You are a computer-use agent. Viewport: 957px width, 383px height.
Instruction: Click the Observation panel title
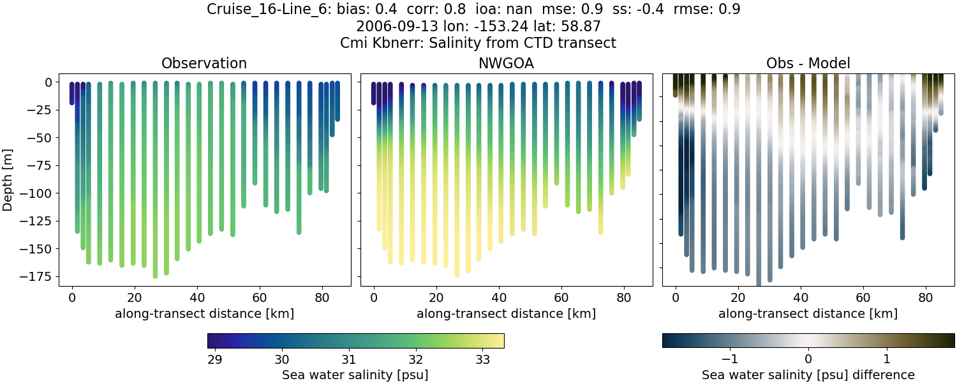pos(204,63)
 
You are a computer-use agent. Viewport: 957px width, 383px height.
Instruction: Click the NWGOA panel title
pos(506,63)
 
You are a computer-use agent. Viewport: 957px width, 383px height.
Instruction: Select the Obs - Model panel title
pos(808,63)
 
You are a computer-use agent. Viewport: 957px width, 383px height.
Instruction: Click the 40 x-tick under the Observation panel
pos(197,297)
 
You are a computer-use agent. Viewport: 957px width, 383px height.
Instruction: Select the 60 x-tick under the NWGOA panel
pos(561,297)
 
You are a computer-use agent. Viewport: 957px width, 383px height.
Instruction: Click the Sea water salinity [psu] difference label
pos(808,375)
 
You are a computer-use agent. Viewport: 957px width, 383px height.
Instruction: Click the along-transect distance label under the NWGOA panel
pos(506,313)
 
